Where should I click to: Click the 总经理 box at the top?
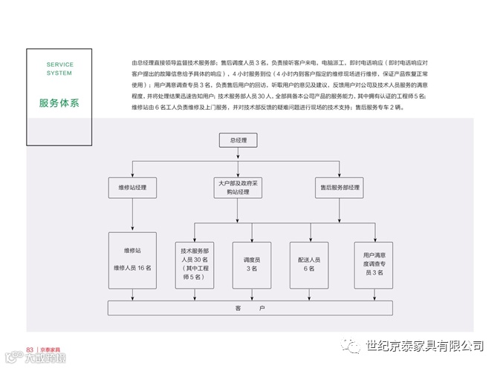(x=238, y=139)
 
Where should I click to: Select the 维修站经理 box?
(x=132, y=187)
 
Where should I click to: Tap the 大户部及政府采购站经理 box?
(x=238, y=187)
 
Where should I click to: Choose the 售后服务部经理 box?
(x=340, y=187)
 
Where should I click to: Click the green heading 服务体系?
(x=59, y=103)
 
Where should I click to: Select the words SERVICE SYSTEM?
(x=59, y=69)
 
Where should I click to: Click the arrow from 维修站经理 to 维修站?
(x=132, y=215)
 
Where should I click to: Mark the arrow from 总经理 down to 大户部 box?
(x=238, y=167)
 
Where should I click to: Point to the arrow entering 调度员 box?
(x=252, y=232)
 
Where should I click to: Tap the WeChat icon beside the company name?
(x=350, y=346)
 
